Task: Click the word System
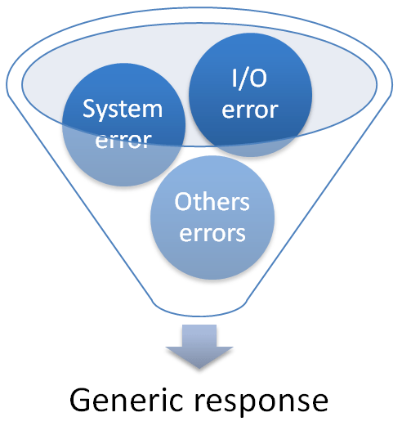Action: click(x=123, y=110)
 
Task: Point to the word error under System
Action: click(x=123, y=139)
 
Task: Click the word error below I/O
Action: click(x=251, y=109)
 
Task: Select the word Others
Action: click(x=211, y=203)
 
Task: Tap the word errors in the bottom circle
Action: click(x=211, y=232)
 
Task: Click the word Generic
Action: click(x=123, y=401)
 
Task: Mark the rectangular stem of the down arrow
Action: click(x=199, y=335)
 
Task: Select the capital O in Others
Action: click(x=184, y=203)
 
